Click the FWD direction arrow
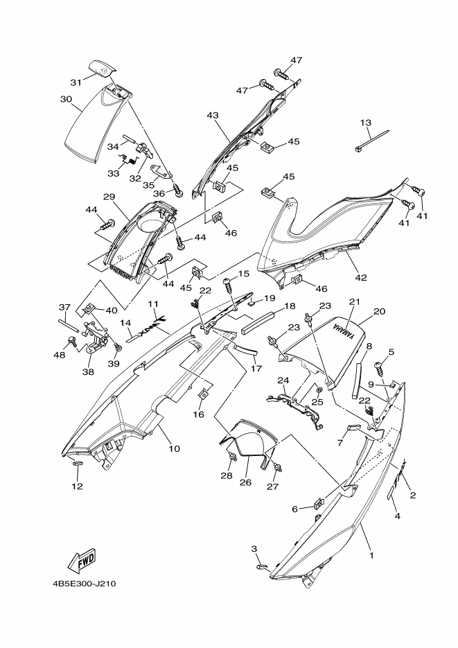[x=81, y=561]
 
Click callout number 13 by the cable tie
[x=365, y=123]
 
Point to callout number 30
[x=66, y=99]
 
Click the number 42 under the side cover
[x=361, y=278]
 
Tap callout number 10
[x=175, y=448]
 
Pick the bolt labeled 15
[x=229, y=284]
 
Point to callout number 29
[x=109, y=196]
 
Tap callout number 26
[x=245, y=482]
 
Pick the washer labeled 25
[x=319, y=390]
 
